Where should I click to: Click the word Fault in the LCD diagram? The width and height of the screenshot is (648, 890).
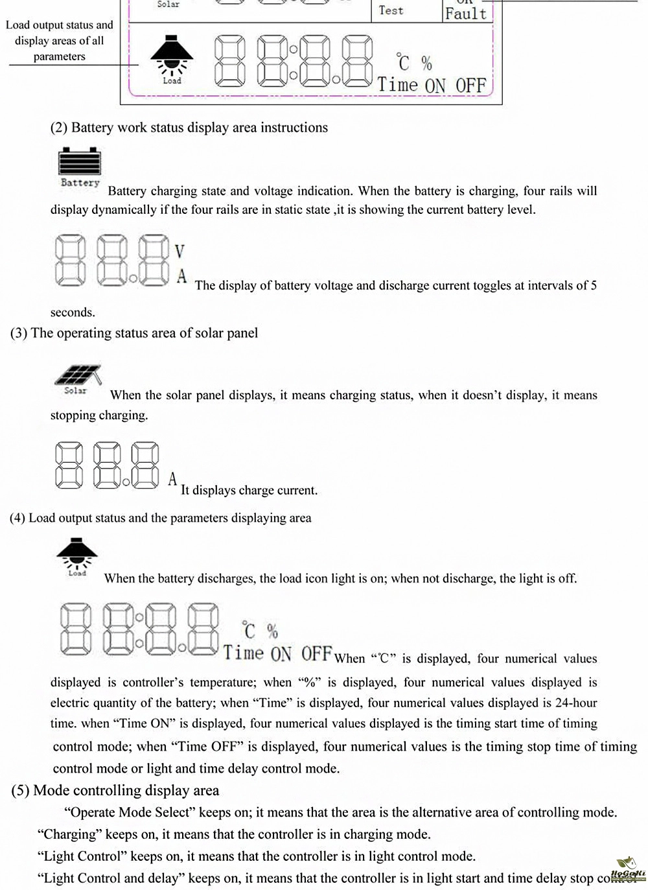[465, 13]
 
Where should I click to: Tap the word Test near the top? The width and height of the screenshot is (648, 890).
[391, 10]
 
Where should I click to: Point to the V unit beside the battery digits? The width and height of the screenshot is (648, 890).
[180, 252]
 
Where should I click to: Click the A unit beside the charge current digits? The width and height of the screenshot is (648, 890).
[172, 479]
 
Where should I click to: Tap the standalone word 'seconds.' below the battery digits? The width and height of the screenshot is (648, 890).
[73, 312]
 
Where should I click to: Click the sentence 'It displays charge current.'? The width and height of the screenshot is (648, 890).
[249, 490]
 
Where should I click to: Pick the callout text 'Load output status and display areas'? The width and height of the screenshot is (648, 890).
[59, 40]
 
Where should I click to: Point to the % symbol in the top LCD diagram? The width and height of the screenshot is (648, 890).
[426, 63]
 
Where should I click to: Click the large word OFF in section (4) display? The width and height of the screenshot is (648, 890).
[316, 653]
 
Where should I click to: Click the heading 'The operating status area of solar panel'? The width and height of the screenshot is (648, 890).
[144, 333]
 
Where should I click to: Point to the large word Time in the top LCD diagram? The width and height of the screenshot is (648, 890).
[398, 85]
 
